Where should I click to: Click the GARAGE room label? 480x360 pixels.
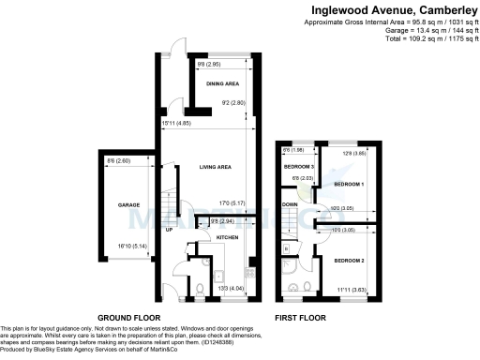coord(127,203)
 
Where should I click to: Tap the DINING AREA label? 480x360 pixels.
coord(222,83)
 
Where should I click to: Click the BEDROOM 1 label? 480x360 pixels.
coord(350,185)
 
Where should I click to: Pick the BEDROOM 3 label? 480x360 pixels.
coord(299,166)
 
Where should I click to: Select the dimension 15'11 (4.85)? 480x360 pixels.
coord(177,123)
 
